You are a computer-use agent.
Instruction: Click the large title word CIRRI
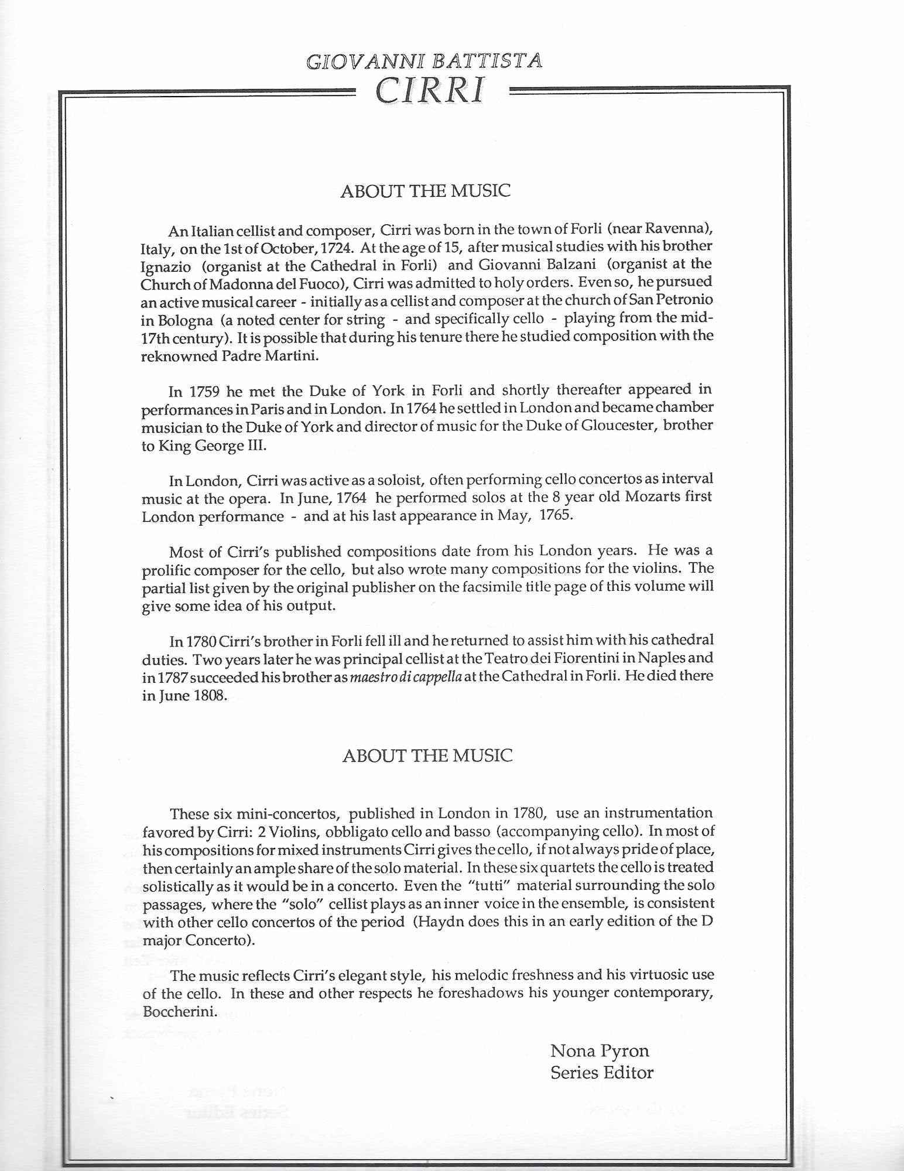click(430, 90)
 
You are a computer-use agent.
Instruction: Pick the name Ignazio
click(166, 265)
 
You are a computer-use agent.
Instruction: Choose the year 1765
click(554, 516)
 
